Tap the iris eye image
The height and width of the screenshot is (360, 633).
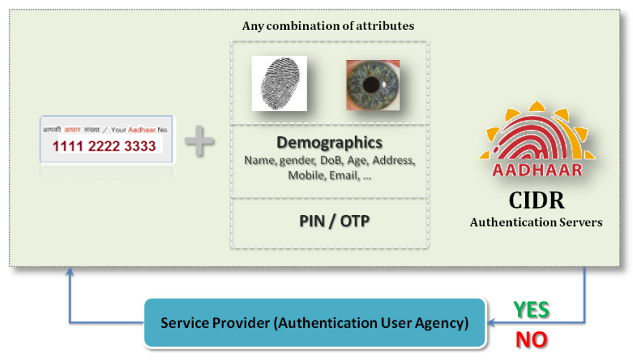(x=373, y=84)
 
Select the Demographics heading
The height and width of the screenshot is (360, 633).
(x=329, y=142)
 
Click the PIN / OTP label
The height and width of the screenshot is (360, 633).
(x=329, y=221)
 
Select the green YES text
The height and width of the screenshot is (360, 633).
(x=531, y=310)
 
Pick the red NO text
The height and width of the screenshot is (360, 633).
(x=531, y=340)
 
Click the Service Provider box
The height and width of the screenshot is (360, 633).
(x=314, y=323)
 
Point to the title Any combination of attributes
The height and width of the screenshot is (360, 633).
(x=328, y=26)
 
